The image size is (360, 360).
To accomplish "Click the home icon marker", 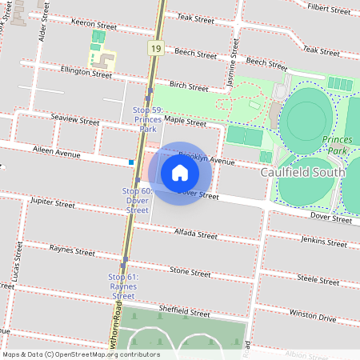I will (x=180, y=173).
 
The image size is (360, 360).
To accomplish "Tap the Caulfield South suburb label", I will (x=303, y=172).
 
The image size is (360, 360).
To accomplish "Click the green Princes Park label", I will (x=337, y=144).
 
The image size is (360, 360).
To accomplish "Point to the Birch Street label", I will (x=189, y=86).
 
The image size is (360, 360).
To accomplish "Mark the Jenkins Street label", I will (x=324, y=240).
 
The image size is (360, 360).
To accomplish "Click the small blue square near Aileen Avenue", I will (x=130, y=162).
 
